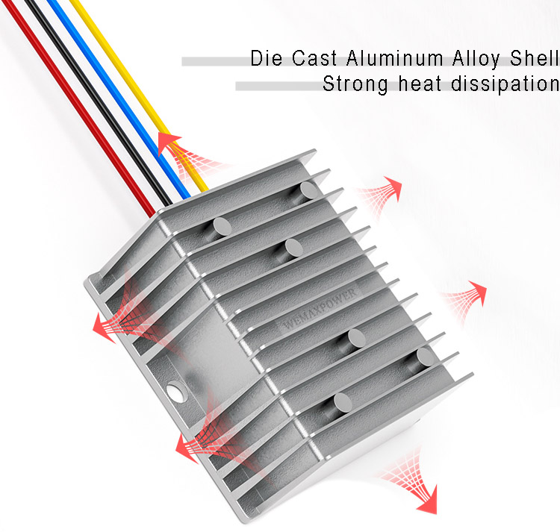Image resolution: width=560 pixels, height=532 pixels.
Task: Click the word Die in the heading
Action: [266, 58]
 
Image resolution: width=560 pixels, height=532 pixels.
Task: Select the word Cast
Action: [314, 58]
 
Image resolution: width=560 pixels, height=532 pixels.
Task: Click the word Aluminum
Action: [395, 58]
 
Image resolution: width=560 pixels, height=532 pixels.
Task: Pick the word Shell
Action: [535, 58]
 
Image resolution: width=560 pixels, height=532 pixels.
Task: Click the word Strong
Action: [355, 84]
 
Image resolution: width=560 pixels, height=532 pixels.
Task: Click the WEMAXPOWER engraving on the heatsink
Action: [320, 309]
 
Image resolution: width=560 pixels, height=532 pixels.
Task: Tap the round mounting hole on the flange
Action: [178, 392]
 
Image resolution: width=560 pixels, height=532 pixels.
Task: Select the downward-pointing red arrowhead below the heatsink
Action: [428, 500]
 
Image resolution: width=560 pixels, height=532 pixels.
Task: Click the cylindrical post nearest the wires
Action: [223, 226]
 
